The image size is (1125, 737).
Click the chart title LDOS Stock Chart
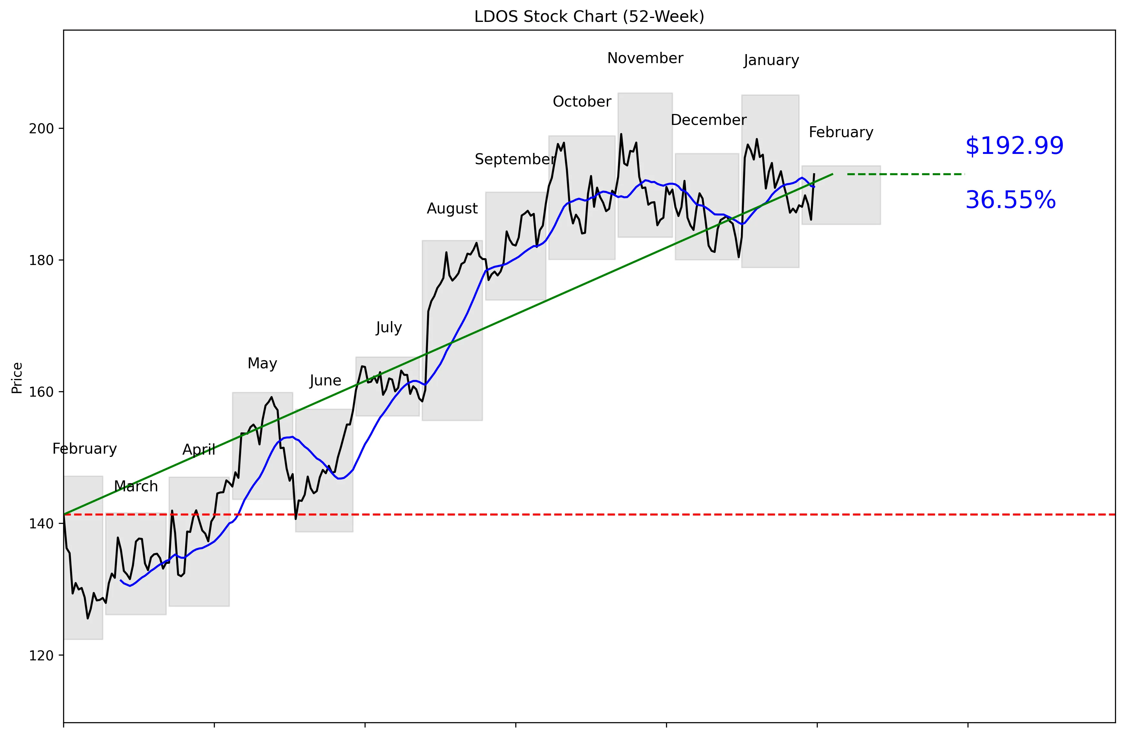click(x=589, y=16)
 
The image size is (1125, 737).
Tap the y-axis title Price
click(x=17, y=378)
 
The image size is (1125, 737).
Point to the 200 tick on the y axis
click(x=41, y=128)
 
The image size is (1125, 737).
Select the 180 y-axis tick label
click(x=41, y=260)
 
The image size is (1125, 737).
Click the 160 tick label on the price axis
click(x=41, y=392)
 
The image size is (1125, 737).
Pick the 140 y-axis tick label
click(x=41, y=524)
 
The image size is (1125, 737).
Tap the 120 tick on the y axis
click(x=41, y=656)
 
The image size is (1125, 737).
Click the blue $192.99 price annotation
click(x=1015, y=146)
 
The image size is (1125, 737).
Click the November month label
click(x=645, y=58)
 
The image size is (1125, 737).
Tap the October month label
click(x=582, y=101)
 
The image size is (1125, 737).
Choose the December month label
click(x=709, y=120)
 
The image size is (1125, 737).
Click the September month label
click(x=515, y=159)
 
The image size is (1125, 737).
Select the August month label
click(x=453, y=208)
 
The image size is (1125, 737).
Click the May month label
click(x=262, y=363)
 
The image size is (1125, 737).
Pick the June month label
click(x=325, y=380)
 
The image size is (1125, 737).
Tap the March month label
click(x=136, y=486)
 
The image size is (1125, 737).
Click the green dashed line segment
click(x=905, y=174)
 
